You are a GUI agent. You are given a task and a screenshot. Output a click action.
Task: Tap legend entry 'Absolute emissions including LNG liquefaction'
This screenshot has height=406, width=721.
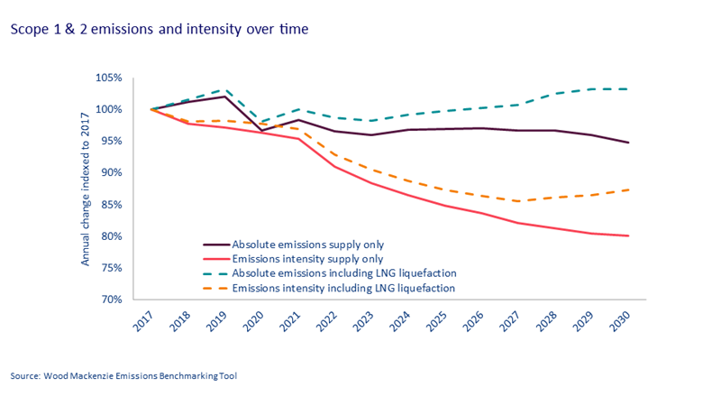(342, 273)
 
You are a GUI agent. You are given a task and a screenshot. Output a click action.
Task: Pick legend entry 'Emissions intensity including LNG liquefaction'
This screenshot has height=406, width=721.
(342, 288)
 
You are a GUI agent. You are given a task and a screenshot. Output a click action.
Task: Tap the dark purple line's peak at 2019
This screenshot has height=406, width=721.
(225, 97)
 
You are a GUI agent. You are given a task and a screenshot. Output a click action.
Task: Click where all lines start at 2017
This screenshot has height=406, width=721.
(151, 109)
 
